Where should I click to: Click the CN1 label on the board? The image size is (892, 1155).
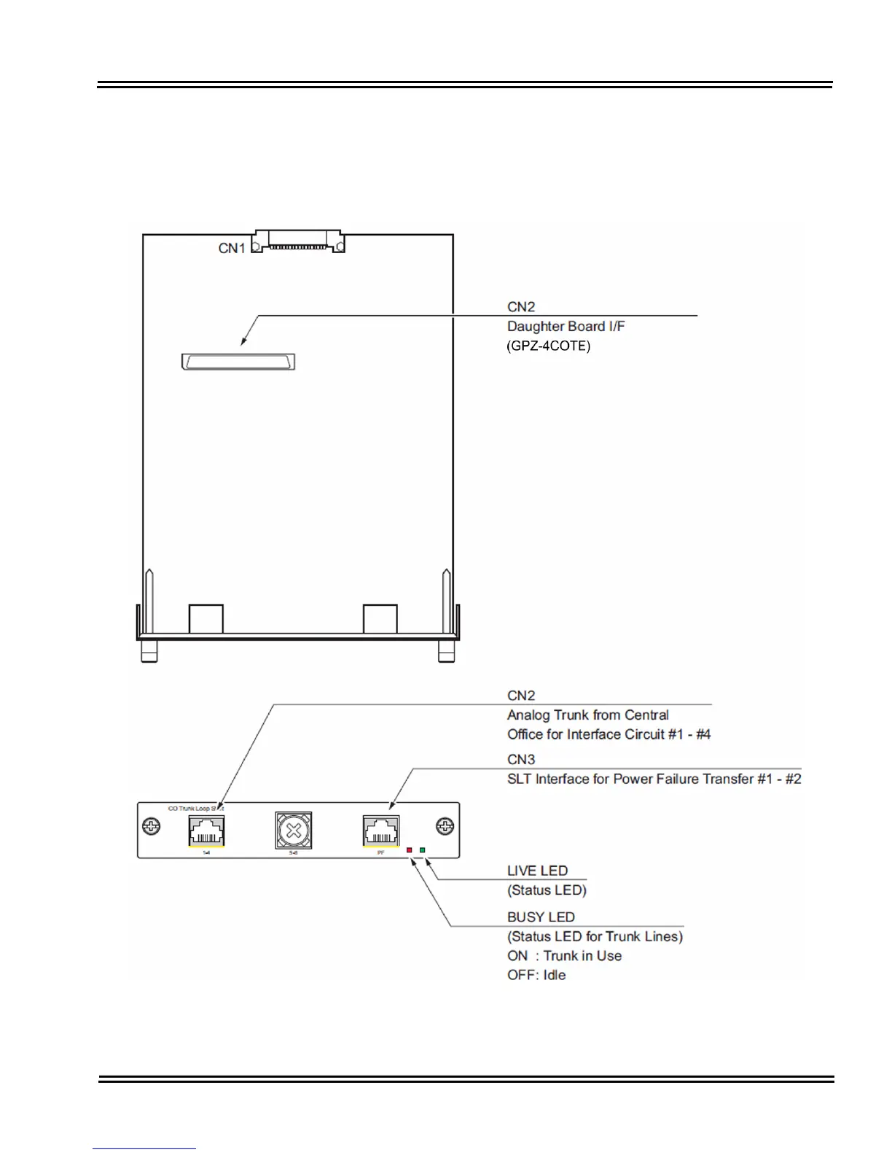232,249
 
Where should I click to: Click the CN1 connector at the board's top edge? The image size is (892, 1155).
298,242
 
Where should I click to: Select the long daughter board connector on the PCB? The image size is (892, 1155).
238,362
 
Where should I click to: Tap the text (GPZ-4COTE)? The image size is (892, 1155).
549,346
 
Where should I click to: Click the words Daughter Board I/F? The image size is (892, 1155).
566,326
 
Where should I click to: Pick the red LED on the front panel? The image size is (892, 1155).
410,850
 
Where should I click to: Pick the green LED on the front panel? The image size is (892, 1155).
423,850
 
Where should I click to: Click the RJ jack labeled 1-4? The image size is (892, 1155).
206,831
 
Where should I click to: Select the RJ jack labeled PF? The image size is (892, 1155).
381,831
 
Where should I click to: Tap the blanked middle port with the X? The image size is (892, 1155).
294,830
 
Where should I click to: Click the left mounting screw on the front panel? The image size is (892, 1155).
151,827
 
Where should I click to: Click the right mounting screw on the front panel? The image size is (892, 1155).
445,827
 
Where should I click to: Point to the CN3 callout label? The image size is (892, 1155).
521,759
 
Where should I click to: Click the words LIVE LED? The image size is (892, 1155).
537,871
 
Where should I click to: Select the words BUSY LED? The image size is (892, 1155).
541,917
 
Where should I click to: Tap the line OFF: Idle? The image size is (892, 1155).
536,975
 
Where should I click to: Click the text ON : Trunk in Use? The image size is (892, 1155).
565,955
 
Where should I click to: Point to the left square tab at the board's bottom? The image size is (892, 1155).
206,619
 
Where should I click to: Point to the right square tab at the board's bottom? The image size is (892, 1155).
380,619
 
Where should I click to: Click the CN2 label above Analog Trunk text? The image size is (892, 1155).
521,696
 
